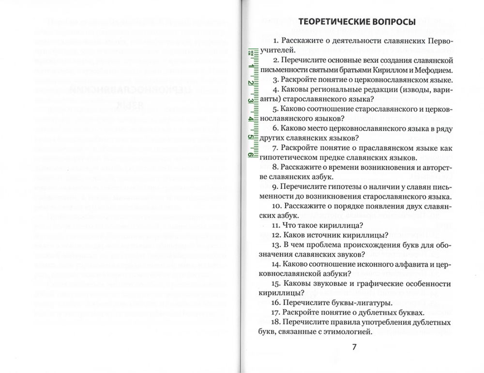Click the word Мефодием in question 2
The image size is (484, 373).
[x=435, y=70]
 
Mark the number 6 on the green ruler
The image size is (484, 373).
[x=250, y=154]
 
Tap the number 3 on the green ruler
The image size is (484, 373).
[x=250, y=100]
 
